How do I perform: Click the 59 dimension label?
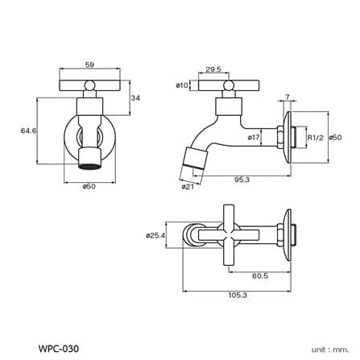click(x=89, y=64)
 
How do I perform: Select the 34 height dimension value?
click(x=135, y=98)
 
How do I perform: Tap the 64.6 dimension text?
click(x=28, y=130)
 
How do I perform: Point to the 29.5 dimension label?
click(x=213, y=69)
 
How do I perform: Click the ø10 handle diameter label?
click(x=182, y=85)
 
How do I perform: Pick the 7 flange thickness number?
click(x=288, y=97)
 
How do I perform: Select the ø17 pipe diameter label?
click(x=254, y=137)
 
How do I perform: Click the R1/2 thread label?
click(x=316, y=138)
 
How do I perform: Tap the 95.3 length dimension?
click(x=242, y=180)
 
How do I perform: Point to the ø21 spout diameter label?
click(x=188, y=187)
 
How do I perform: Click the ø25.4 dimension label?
click(x=155, y=235)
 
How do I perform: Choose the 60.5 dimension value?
click(x=260, y=275)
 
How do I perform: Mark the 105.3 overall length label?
click(x=238, y=295)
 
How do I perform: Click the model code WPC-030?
click(x=59, y=349)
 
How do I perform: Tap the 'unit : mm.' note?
click(x=330, y=350)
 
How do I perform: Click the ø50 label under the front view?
click(x=89, y=186)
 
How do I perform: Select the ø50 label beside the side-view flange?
click(x=336, y=137)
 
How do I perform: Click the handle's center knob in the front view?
click(x=89, y=85)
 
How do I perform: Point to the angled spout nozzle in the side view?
click(x=195, y=158)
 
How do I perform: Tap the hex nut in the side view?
click(x=280, y=137)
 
